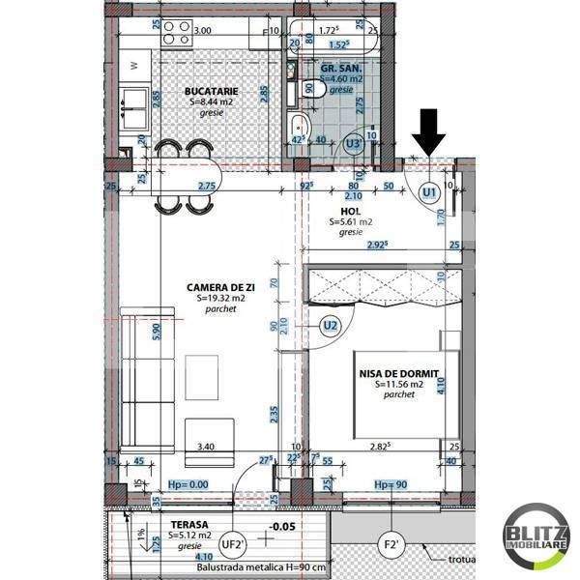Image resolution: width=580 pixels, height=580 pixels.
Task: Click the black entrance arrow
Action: click(427, 133)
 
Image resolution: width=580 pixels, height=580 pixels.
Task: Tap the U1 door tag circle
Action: click(428, 193)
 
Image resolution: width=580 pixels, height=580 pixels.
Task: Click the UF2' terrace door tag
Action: click(233, 544)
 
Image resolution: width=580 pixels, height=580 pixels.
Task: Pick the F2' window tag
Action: click(391, 544)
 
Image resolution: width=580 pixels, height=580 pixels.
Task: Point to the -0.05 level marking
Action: click(282, 528)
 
